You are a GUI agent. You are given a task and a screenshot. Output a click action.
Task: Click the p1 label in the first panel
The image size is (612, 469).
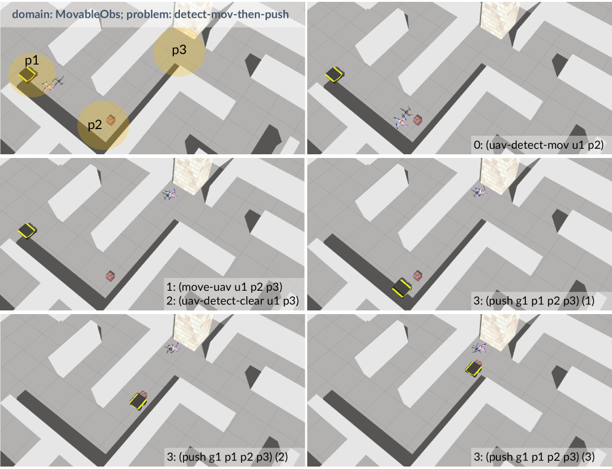32,60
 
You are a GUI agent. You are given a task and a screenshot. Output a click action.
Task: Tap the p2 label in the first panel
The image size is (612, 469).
95,125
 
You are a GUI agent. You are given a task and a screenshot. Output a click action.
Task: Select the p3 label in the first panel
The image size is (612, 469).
179,50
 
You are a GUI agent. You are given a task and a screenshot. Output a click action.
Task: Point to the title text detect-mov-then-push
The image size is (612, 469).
232,15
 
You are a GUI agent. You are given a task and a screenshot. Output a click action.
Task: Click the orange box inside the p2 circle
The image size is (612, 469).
111,120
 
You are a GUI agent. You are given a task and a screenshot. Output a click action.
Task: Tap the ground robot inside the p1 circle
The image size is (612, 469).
27,74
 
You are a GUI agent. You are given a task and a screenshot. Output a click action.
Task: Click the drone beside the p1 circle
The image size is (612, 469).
53,84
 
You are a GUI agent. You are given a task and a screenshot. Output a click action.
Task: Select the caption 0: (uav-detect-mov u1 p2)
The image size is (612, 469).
539,145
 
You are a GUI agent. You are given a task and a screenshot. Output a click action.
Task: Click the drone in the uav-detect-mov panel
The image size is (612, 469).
403,117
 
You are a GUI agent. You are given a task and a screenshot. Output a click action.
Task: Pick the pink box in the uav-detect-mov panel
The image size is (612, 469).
418,120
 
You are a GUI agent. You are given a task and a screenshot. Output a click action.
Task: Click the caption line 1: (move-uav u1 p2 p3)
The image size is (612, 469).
224,286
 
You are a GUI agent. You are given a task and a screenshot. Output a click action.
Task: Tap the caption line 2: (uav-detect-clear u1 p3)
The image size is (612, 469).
233,301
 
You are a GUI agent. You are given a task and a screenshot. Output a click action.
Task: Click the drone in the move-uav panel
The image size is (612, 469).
170,194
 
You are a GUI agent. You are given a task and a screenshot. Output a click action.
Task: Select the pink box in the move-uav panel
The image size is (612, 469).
111,276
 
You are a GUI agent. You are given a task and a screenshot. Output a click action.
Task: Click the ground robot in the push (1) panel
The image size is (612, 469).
402,288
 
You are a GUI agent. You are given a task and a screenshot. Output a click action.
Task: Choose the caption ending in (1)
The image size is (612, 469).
534,301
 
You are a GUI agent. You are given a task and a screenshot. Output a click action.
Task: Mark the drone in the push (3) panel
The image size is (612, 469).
479,348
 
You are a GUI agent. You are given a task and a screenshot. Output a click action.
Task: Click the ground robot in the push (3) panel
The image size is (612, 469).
474,368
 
